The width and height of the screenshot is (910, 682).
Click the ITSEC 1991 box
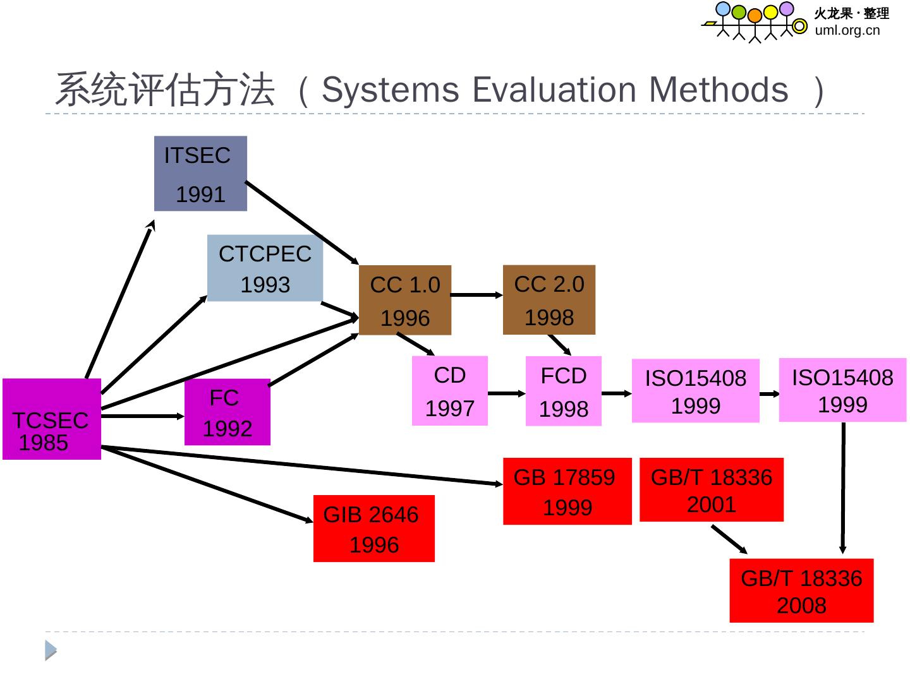click(200, 174)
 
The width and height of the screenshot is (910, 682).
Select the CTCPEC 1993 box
click(265, 268)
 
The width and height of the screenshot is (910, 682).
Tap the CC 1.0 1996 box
click(405, 300)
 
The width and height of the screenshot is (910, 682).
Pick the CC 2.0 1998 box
click(549, 300)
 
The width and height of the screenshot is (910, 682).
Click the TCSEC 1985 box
click(52, 419)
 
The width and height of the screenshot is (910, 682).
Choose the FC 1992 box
click(227, 412)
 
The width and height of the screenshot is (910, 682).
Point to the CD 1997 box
click(450, 391)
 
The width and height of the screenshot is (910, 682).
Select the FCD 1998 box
click(564, 392)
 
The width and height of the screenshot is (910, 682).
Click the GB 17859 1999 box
click(567, 491)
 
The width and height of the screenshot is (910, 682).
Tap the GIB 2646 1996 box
click(374, 529)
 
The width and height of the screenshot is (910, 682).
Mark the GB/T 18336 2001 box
click(712, 490)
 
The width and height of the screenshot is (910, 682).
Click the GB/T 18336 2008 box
click(801, 591)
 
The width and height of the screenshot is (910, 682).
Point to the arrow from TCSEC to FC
click(142, 416)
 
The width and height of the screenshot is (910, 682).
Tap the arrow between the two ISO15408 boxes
click(769, 394)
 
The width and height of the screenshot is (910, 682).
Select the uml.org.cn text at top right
click(847, 30)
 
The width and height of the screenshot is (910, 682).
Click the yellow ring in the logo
click(800, 26)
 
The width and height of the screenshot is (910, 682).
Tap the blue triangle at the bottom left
click(51, 650)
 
